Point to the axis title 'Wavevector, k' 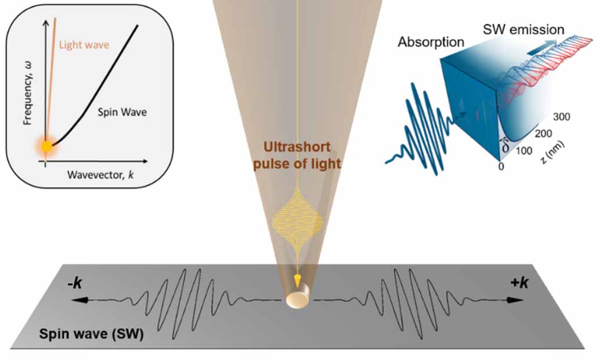(100, 173)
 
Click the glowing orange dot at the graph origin (46, 146)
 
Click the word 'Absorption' (431, 42)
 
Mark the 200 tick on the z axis (544, 134)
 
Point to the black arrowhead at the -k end (75, 300)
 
